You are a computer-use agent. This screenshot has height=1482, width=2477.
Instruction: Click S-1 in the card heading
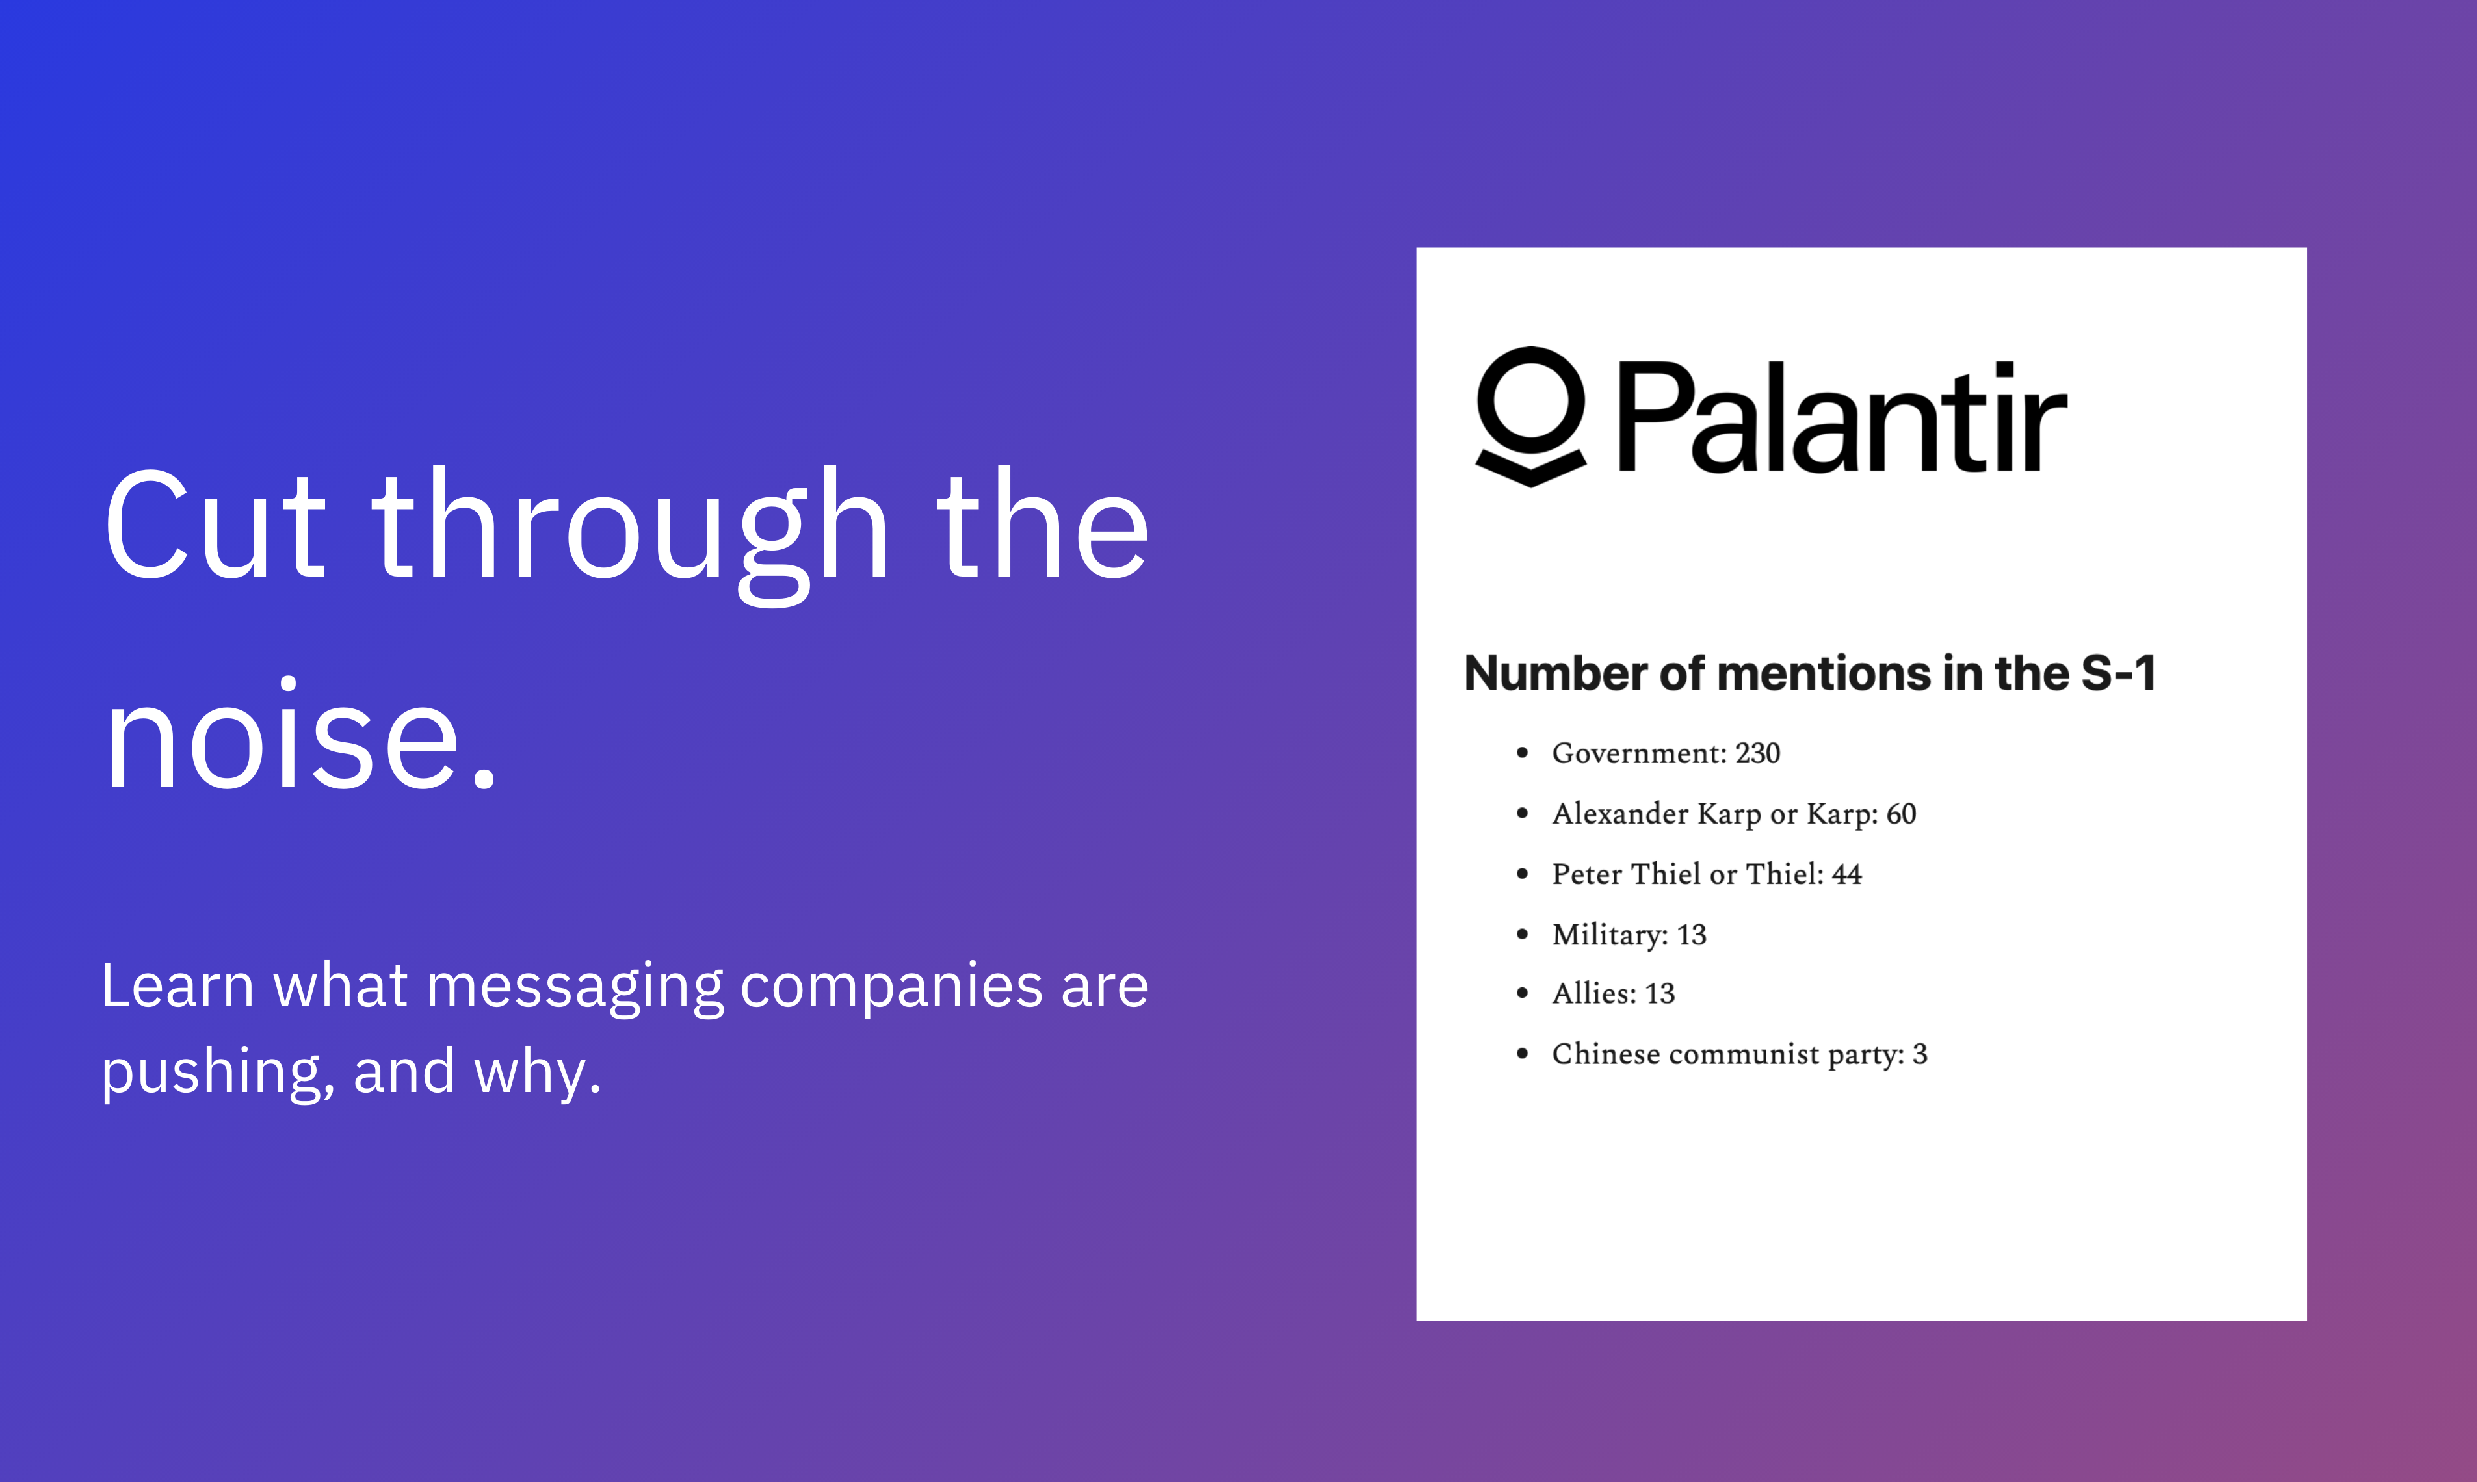point(2118,673)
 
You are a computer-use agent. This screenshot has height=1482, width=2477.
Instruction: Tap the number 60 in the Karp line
point(1902,814)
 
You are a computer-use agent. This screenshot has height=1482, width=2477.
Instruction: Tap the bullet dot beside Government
point(1522,753)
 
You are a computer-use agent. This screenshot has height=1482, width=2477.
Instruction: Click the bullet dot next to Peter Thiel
point(1522,874)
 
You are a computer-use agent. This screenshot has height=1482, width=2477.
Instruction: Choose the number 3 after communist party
point(1920,1054)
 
